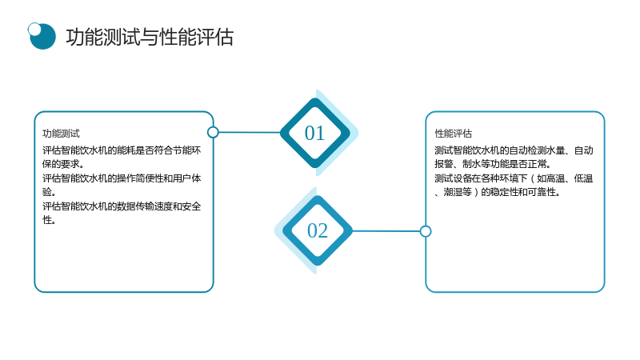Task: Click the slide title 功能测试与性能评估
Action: pyautogui.click(x=150, y=37)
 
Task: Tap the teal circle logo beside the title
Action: pyautogui.click(x=42, y=36)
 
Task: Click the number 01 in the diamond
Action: pyautogui.click(x=314, y=133)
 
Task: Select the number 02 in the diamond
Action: pyautogui.click(x=317, y=230)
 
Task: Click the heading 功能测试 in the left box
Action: pyautogui.click(x=62, y=134)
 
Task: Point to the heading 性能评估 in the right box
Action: pyautogui.click(x=453, y=134)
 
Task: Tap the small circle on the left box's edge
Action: pyautogui.click(x=213, y=132)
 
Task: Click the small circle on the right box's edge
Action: pyautogui.click(x=426, y=231)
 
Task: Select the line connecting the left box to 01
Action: pyautogui.click(x=250, y=132)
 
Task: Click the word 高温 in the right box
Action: pyautogui.click(x=555, y=178)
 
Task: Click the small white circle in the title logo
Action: pyautogui.click(x=34, y=29)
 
